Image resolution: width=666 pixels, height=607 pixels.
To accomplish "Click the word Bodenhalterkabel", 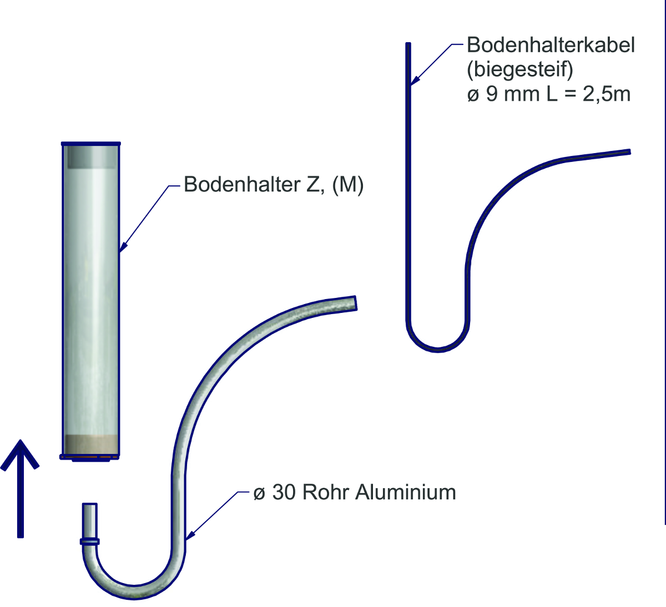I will (x=550, y=45).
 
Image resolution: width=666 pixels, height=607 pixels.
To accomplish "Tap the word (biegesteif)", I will (x=520, y=69).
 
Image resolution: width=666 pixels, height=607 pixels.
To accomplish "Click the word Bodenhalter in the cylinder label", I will (x=242, y=184).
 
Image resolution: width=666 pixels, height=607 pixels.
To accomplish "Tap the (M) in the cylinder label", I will (x=348, y=184).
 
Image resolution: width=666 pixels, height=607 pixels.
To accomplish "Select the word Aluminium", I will (x=406, y=492).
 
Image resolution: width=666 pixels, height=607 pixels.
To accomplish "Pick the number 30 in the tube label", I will (x=283, y=492).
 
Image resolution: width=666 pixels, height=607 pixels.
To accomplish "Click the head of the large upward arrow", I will (x=21, y=452).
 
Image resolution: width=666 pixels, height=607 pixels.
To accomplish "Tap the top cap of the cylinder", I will (x=91, y=144).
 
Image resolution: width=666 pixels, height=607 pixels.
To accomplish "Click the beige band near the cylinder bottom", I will (x=91, y=444).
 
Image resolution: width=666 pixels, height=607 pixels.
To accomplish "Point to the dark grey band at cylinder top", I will (x=91, y=158).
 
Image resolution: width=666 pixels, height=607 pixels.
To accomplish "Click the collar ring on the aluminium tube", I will (x=90, y=541).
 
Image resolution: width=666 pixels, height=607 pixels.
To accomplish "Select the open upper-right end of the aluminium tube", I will (x=353, y=303).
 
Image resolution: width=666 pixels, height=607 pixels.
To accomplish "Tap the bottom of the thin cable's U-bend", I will (x=438, y=349).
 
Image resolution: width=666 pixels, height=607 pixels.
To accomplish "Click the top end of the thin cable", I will (x=408, y=45).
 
